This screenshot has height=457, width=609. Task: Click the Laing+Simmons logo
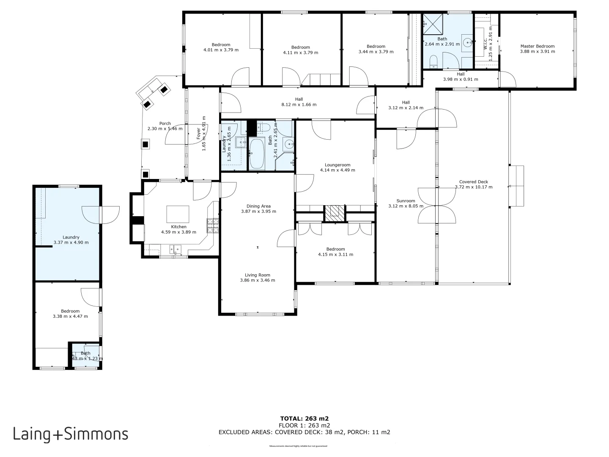71,434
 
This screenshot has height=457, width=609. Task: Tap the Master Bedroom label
537,46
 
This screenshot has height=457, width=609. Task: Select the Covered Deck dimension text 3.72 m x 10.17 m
474,187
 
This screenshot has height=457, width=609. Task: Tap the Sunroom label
406,201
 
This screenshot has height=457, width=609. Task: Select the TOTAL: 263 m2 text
304,418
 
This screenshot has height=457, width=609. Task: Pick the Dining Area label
258,206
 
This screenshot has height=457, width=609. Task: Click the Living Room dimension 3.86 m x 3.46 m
258,280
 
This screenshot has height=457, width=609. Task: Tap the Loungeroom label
337,165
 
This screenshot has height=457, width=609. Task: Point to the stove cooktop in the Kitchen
213,225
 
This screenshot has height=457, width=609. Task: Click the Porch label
165,124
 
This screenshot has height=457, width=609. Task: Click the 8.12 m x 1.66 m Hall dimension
299,105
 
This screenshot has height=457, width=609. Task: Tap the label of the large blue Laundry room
71,237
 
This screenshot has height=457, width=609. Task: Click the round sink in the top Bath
467,42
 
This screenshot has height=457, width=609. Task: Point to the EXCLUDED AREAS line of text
304,432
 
